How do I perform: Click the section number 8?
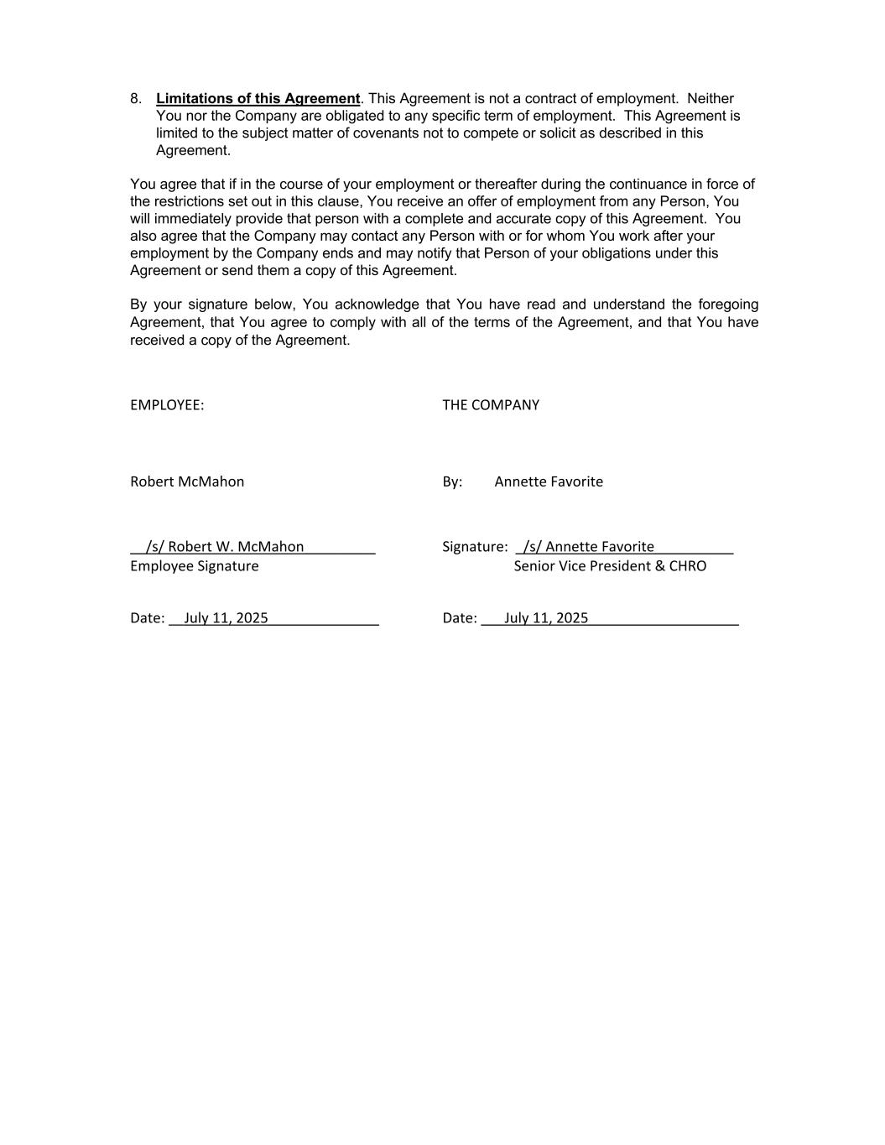pyautogui.click(x=136, y=99)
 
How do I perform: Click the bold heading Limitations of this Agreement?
pyautogui.click(x=258, y=99)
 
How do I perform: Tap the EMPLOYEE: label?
pyautogui.click(x=167, y=405)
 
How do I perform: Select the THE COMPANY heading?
pyautogui.click(x=491, y=405)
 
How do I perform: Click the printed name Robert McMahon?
pyautogui.click(x=187, y=481)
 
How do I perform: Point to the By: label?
pyautogui.click(x=452, y=481)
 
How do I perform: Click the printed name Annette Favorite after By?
pyautogui.click(x=549, y=481)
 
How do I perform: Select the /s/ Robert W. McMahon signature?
pyautogui.click(x=225, y=547)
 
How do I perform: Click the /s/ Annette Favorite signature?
pyautogui.click(x=588, y=547)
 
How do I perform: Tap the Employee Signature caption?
pyautogui.click(x=195, y=566)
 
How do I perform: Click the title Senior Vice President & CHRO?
pyautogui.click(x=610, y=566)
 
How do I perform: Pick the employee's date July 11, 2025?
pyautogui.click(x=226, y=618)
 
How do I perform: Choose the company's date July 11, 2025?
pyautogui.click(x=546, y=618)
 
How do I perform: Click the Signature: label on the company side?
pyautogui.click(x=475, y=547)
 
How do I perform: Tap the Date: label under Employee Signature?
pyautogui.click(x=147, y=618)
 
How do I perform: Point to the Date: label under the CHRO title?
pyautogui.click(x=460, y=618)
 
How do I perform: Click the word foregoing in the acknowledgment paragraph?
pyautogui.click(x=727, y=304)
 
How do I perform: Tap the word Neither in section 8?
pyautogui.click(x=710, y=99)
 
